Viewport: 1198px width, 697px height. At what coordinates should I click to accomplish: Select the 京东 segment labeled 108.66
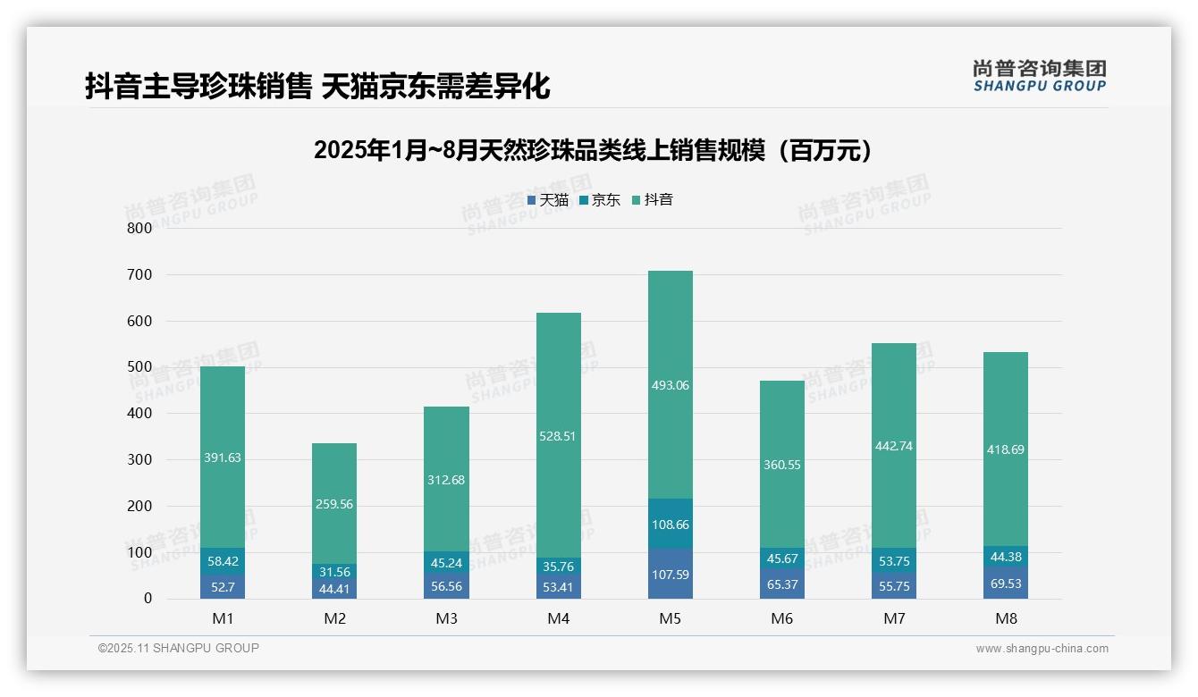(x=670, y=525)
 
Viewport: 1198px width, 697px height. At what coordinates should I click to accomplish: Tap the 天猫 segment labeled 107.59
(x=670, y=575)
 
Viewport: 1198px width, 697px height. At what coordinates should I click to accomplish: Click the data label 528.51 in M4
(x=558, y=437)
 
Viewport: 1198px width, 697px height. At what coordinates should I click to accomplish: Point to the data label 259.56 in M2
(x=334, y=504)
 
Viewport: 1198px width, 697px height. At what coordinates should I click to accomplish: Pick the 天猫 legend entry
(x=548, y=200)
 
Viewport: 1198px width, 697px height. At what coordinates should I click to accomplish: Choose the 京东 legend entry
(x=600, y=200)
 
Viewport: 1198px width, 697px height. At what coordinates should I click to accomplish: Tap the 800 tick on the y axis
(x=139, y=228)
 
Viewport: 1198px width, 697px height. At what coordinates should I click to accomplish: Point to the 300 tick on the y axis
(x=139, y=459)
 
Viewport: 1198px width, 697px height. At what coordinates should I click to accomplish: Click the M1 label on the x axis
(x=223, y=618)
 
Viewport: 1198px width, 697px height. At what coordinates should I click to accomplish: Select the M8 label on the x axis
(x=1006, y=618)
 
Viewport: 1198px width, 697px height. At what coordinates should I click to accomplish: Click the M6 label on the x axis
(x=781, y=618)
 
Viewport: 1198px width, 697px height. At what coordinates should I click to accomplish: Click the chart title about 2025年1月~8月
(x=593, y=150)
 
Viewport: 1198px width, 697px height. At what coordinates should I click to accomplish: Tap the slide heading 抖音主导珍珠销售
(x=317, y=86)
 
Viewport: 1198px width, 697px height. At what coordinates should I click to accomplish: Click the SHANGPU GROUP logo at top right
(x=1039, y=76)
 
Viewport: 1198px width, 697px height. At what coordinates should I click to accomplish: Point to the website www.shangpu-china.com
(x=1042, y=649)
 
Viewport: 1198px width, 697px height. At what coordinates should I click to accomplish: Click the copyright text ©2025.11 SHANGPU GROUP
(x=179, y=649)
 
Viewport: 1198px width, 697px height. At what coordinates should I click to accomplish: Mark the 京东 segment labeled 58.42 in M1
(x=223, y=561)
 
